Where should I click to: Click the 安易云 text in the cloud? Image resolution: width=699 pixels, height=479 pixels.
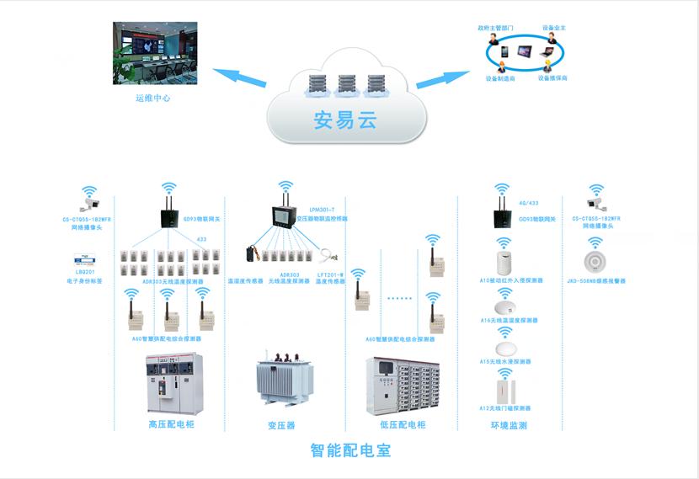tap(344, 120)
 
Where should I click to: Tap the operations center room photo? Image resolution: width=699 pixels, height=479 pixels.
tap(155, 54)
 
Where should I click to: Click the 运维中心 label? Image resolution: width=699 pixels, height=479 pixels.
tap(153, 98)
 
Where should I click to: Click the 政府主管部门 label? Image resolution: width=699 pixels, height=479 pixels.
tap(495, 28)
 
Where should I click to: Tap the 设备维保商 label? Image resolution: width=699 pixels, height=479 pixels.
tap(552, 78)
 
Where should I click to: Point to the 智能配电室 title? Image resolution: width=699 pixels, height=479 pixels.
tap(350, 450)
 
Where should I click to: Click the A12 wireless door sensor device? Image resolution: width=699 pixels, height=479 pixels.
tap(505, 389)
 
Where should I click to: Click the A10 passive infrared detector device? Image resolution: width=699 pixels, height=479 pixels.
tap(504, 256)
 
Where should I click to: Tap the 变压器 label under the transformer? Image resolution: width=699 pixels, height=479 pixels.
tap(281, 426)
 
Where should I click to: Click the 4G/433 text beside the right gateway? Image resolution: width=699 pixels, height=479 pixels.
tap(529, 203)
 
